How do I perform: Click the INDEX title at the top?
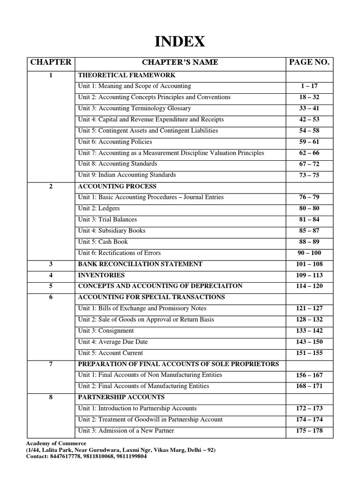[180, 42]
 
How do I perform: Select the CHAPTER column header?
[51, 62]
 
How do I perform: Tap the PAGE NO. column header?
[309, 62]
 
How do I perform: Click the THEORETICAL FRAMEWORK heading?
[127, 75]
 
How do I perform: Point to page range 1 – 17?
[309, 86]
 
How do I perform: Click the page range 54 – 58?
[309, 131]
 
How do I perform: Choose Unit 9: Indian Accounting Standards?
[127, 175]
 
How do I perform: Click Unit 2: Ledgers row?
[99, 208]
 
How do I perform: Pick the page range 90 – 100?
[309, 253]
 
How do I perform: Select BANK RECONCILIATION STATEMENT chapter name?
[140, 264]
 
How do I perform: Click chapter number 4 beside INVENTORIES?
[51, 275]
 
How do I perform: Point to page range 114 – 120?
[309, 286]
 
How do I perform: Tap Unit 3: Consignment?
[106, 330]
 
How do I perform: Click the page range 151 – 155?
[309, 353]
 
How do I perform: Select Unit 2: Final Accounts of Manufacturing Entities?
[143, 386]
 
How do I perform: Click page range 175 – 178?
[309, 431]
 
